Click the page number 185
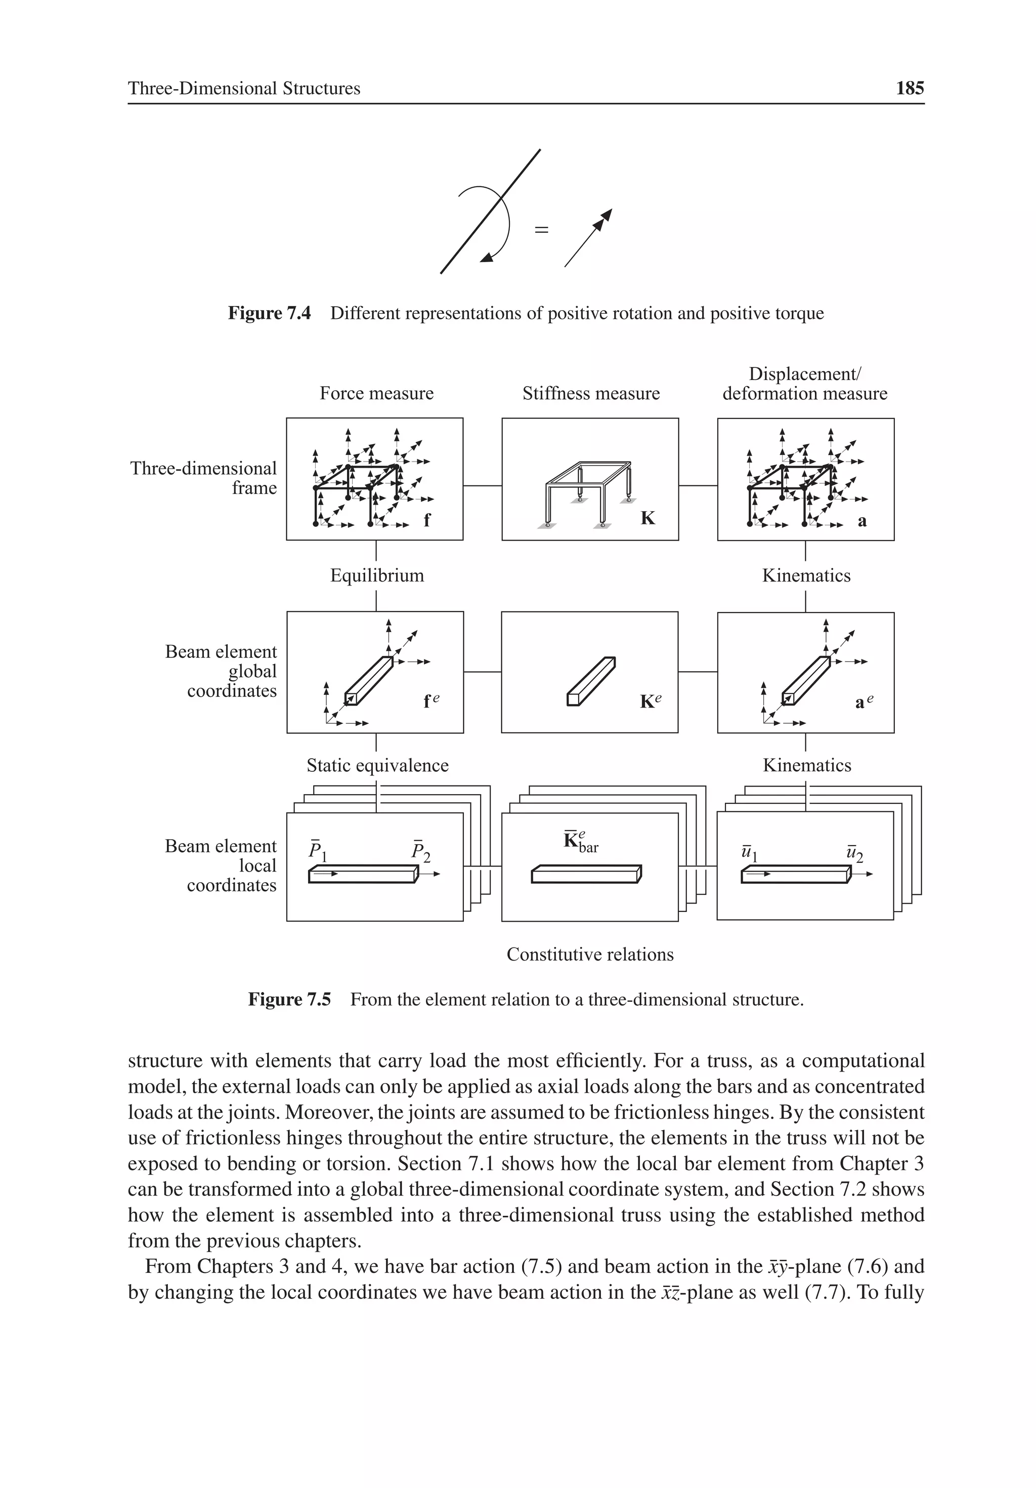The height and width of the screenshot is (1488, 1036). click(909, 88)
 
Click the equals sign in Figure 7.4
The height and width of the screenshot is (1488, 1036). click(541, 229)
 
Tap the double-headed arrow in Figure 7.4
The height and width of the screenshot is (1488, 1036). click(588, 238)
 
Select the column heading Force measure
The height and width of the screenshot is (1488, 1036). click(376, 393)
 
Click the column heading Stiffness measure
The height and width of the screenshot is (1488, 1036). click(591, 393)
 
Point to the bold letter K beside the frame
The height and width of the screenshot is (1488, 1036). click(647, 518)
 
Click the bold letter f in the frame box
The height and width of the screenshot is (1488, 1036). click(427, 520)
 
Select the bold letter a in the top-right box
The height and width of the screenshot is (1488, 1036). click(861, 520)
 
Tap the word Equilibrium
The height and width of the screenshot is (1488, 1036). click(377, 575)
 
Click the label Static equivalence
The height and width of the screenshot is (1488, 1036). click(377, 765)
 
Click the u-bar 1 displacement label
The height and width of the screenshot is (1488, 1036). click(750, 852)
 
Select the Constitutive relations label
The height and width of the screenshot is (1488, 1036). click(590, 954)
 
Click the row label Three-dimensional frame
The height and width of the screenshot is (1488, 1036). click(203, 478)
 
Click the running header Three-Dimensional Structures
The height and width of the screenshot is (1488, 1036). click(244, 88)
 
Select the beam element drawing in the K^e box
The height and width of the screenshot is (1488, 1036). click(590, 681)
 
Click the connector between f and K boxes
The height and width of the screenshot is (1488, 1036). click(482, 485)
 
